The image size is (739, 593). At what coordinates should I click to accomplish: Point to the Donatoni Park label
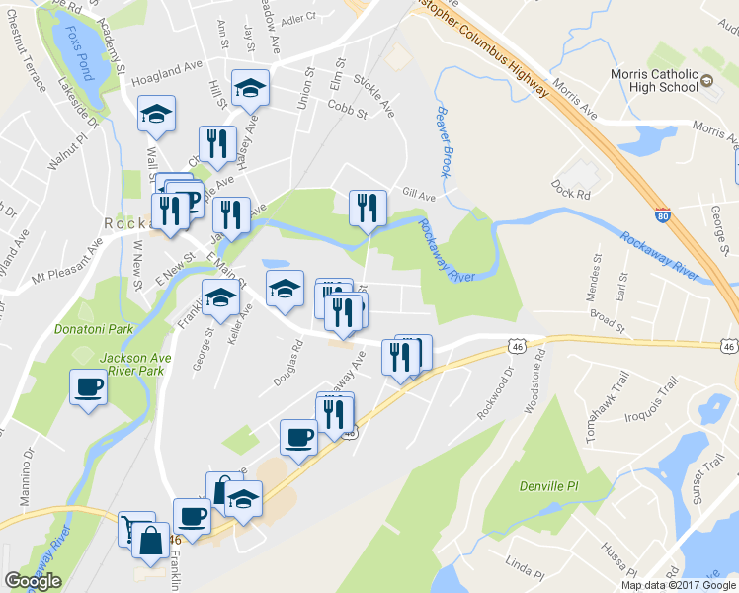click(x=85, y=324)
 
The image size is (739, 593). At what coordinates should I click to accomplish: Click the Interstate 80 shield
click(x=662, y=212)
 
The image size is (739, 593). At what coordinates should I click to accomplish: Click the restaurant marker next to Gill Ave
click(x=368, y=207)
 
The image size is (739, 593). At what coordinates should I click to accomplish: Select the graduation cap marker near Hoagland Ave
click(x=250, y=87)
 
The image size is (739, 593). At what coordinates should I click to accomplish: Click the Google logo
click(x=33, y=581)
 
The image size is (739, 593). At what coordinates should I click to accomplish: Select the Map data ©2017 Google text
click(x=678, y=585)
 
